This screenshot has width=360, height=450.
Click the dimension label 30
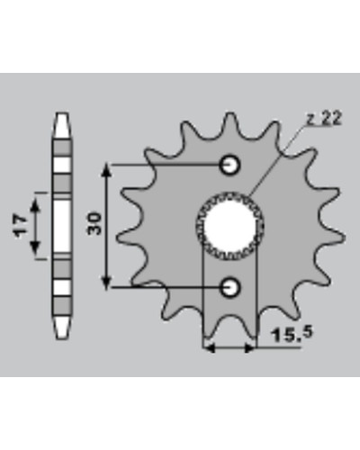[x=94, y=223]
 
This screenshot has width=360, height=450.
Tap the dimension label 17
[x=21, y=226]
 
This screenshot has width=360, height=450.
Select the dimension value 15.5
[x=291, y=334]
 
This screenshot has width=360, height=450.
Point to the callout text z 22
[x=324, y=119]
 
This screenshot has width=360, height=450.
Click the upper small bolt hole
[x=230, y=165]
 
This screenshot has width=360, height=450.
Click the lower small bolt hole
[x=230, y=288]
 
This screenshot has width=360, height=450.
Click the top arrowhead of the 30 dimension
[x=107, y=171]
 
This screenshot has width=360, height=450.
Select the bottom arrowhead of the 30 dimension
[x=107, y=283]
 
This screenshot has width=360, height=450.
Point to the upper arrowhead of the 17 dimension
[x=35, y=206]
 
